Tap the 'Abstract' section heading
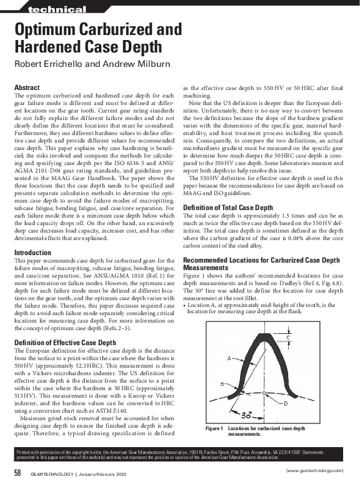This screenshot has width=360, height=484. point(27,88)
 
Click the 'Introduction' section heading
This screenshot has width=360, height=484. point(32,252)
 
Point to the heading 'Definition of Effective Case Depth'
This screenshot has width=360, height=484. point(65,343)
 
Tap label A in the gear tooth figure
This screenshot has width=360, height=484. point(229,358)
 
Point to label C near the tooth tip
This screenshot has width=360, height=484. point(287,338)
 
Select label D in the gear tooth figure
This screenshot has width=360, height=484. point(286,403)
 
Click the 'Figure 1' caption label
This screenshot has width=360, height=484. point(214,428)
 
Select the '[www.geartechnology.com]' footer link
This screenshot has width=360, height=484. point(314,470)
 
